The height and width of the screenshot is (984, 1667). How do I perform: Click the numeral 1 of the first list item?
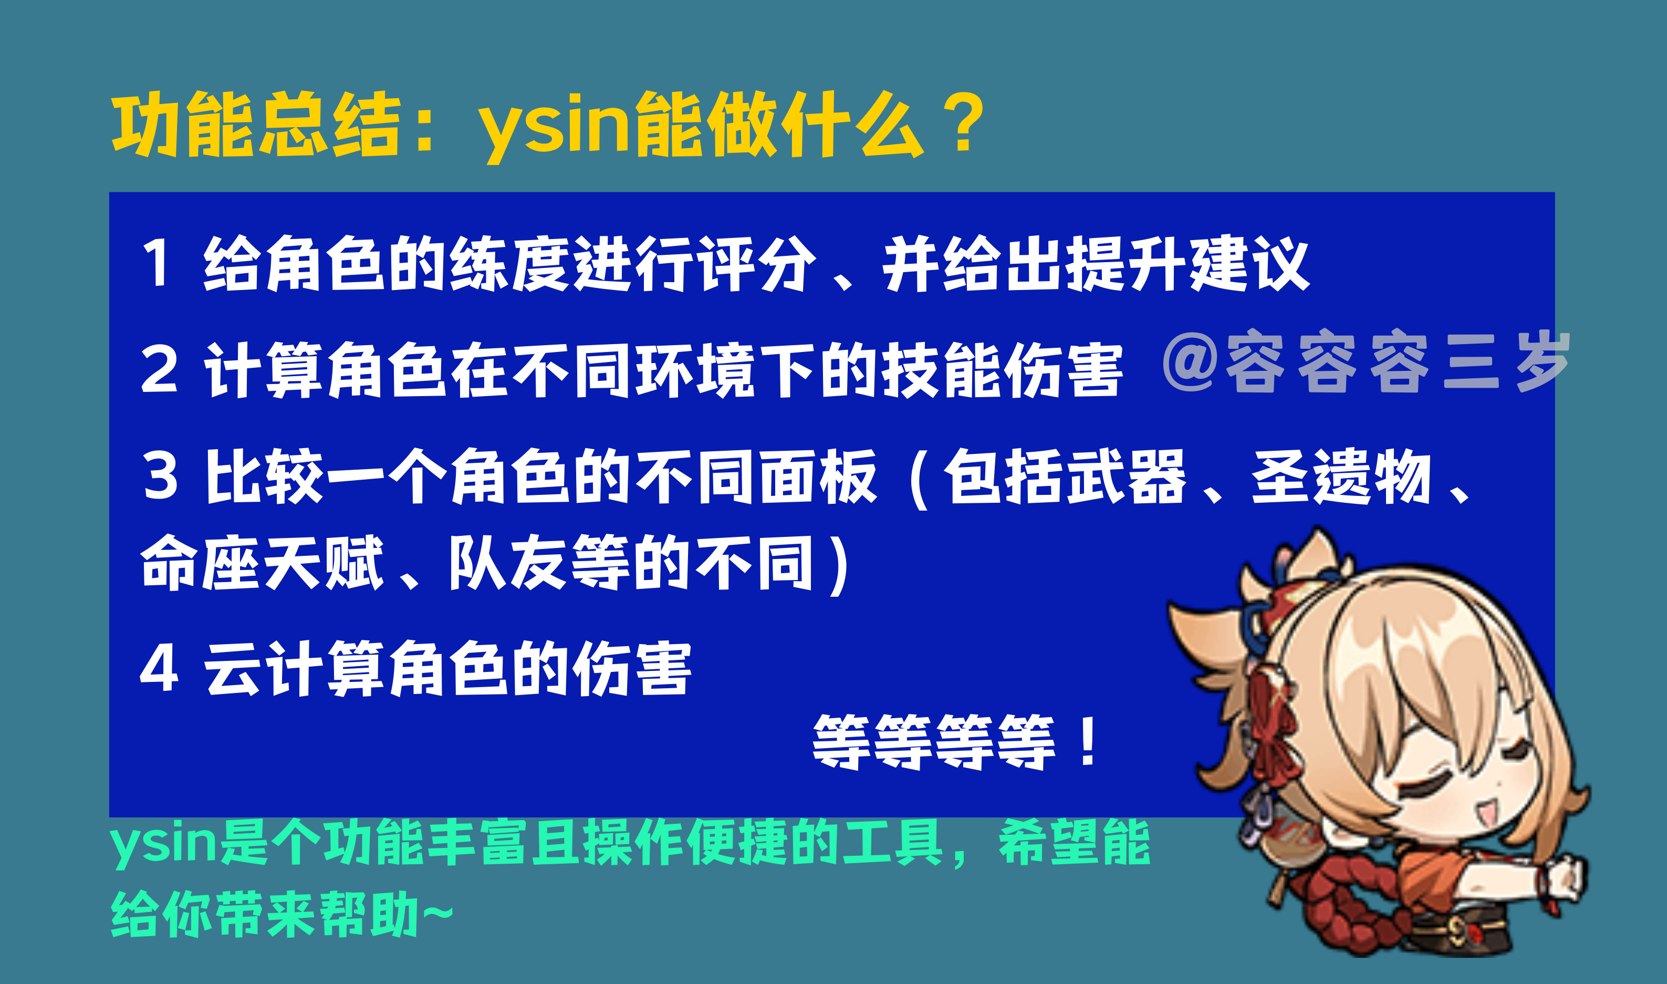pos(157,263)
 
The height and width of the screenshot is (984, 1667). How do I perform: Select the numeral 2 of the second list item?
pos(159,370)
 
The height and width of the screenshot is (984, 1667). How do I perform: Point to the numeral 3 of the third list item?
pos(160,476)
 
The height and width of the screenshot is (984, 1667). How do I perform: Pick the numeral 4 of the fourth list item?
pos(159,668)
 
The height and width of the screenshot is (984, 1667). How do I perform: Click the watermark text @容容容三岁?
pos(1366,361)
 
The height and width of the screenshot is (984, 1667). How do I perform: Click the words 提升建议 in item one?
pos(1186,263)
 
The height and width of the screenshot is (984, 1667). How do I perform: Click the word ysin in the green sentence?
pos(163,843)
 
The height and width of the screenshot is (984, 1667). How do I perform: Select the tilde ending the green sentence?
pos(437,914)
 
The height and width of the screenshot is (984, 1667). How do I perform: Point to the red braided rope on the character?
pos(1352,908)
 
